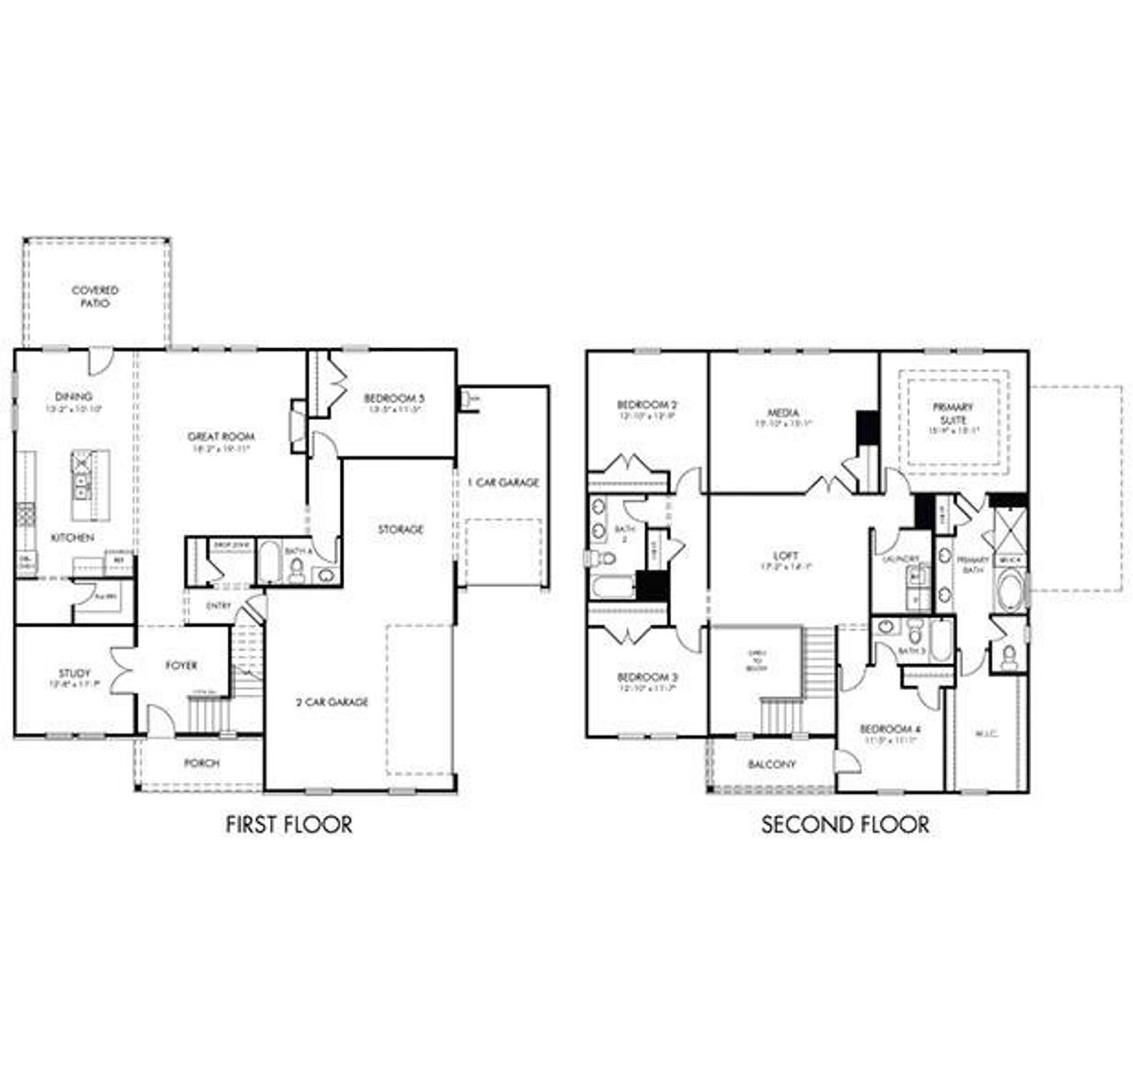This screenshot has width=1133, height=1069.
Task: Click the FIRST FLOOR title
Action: (x=289, y=825)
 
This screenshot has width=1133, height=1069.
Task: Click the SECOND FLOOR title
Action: (x=845, y=825)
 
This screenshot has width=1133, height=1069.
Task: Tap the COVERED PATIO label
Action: (x=95, y=296)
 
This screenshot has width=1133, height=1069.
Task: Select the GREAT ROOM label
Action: (x=220, y=437)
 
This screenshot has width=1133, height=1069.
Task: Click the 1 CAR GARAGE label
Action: (x=503, y=483)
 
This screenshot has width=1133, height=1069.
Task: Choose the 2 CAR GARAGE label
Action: (x=331, y=701)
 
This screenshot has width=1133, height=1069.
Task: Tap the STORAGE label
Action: (x=400, y=529)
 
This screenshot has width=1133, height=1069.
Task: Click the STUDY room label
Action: (x=75, y=674)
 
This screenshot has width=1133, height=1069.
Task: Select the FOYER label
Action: (x=181, y=665)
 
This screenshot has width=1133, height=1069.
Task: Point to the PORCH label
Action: (x=202, y=763)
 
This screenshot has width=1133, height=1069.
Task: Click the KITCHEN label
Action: (x=72, y=538)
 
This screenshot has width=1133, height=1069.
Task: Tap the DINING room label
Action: (x=73, y=398)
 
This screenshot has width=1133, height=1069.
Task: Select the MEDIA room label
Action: (x=783, y=413)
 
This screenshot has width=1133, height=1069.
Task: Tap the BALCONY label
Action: (x=771, y=763)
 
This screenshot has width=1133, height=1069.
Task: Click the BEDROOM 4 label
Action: (x=890, y=729)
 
